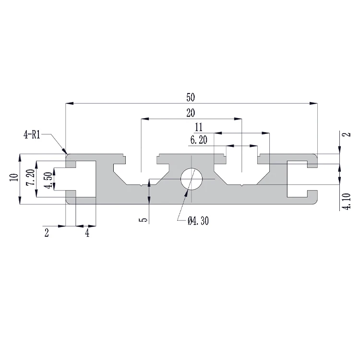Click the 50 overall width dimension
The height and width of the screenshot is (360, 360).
(190, 97)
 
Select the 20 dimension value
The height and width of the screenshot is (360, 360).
(190, 113)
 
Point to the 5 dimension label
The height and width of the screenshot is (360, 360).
(142, 219)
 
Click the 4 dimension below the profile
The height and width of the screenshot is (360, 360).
(87, 233)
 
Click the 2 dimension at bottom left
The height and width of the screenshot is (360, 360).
(46, 233)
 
